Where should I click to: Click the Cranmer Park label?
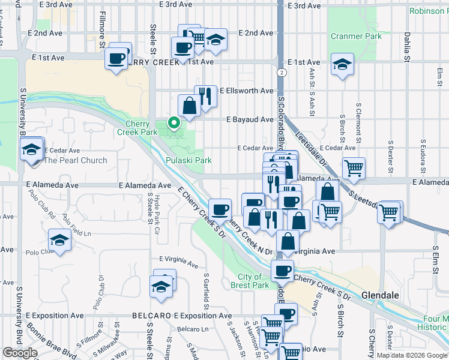click(x=356, y=37)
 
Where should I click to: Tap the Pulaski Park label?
click(x=188, y=161)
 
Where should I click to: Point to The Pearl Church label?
click(x=76, y=160)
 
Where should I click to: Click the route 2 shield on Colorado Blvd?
click(x=281, y=72)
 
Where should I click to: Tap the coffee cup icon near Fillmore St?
click(x=117, y=58)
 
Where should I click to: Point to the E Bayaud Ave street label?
click(x=250, y=119)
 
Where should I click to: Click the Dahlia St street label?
click(x=406, y=47)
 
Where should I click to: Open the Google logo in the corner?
click(x=20, y=353)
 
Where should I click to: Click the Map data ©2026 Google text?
click(x=411, y=355)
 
